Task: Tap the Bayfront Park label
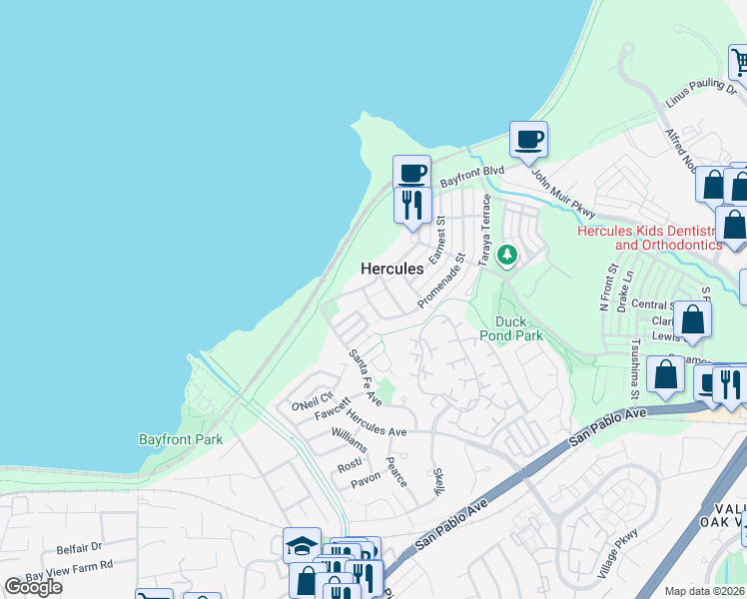pos(180,439)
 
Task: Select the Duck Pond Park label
pos(518,328)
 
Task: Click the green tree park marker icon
pos(508,257)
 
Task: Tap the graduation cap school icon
pos(302,546)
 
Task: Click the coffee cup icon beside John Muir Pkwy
pos(528,140)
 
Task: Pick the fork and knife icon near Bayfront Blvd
pos(411,206)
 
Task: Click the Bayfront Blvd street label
pos(472,172)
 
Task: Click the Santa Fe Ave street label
pos(366,376)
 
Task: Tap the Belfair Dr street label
pos(79,547)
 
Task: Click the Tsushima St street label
pos(633,372)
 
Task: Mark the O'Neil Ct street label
pos(311,400)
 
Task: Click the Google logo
pos(34,587)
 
